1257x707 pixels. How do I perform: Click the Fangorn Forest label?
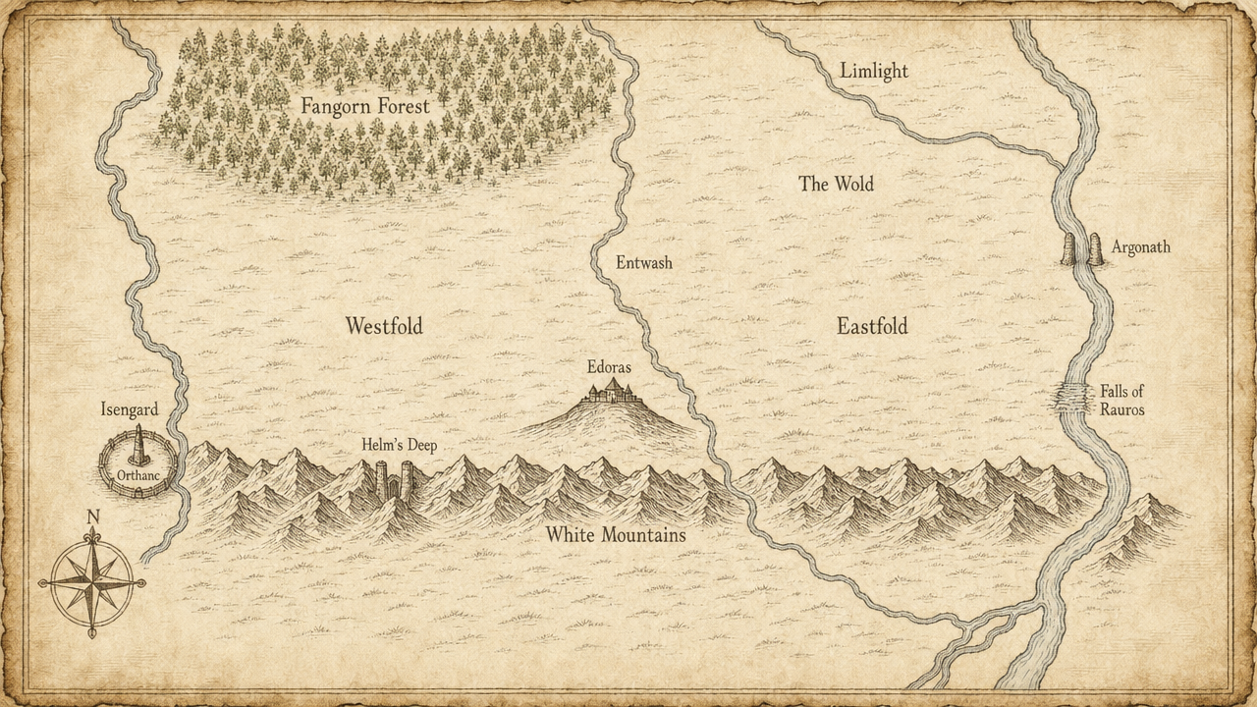364,105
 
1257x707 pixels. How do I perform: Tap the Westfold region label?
384,326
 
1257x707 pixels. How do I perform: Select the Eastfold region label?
872,326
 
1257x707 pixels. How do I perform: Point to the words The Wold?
836,184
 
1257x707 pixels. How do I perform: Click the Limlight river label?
874,72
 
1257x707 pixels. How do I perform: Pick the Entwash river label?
644,263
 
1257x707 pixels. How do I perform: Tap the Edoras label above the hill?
609,367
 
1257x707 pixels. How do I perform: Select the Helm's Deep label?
399,445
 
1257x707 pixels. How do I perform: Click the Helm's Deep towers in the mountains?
393,479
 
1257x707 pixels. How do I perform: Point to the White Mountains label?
616,535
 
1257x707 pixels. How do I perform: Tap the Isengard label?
130,409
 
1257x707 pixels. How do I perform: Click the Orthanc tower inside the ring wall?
138,447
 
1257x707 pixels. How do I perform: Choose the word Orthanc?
137,474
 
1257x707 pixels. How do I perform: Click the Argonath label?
1141,247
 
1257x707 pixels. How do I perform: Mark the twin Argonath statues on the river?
1083,249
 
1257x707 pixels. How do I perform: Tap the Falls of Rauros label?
1121,401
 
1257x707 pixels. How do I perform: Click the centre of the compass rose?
92,582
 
